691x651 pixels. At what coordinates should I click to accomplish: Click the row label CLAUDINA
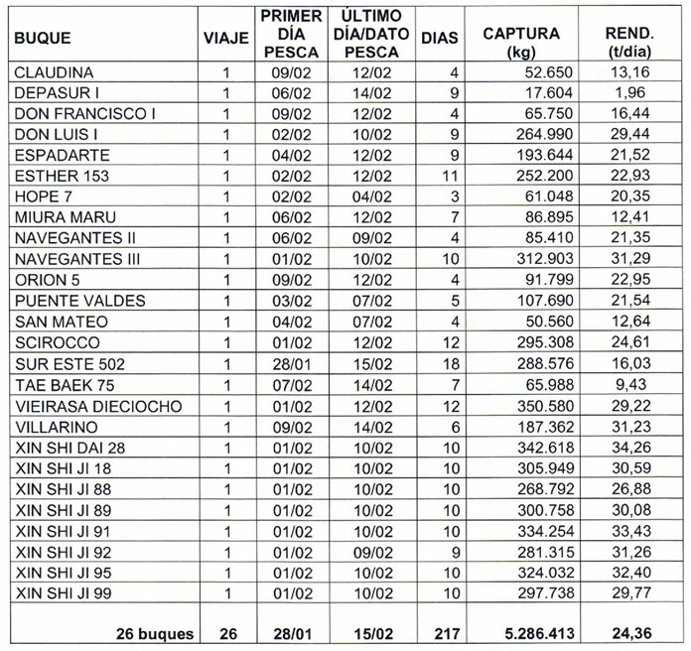pos(55,72)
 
